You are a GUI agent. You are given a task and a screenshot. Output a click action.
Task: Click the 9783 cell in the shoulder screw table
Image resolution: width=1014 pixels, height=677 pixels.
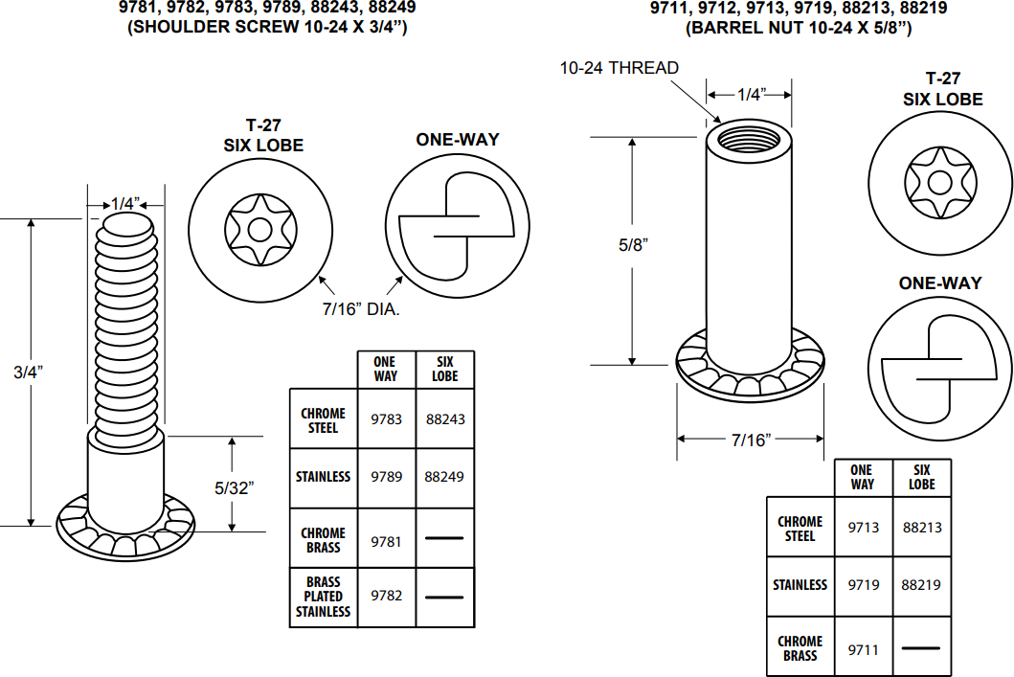[387, 419]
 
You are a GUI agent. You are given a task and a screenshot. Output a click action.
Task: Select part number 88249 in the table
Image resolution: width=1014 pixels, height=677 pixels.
[445, 477]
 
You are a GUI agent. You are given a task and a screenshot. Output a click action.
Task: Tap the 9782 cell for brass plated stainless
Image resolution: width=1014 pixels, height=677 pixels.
[387, 596]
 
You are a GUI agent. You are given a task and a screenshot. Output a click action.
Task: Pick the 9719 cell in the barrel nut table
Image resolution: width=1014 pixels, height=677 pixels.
[863, 584]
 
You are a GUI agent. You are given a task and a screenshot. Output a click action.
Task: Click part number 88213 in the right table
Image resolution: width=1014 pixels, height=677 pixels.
[921, 527]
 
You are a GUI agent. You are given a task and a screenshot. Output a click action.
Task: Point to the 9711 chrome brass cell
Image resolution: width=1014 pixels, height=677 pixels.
[863, 649]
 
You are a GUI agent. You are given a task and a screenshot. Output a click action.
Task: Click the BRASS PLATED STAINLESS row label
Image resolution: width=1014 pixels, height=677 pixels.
[324, 597]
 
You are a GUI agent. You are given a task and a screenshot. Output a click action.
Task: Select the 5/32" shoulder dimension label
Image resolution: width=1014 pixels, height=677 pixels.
[234, 487]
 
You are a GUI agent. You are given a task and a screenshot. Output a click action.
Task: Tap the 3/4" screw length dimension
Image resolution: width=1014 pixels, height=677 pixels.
[30, 372]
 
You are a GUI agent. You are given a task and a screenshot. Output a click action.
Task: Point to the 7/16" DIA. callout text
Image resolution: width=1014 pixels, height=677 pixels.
[360, 309]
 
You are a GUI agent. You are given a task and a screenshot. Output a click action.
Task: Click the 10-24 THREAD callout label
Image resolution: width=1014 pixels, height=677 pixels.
[619, 68]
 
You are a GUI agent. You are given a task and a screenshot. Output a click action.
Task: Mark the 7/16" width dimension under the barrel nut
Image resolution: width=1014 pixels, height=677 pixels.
[751, 440]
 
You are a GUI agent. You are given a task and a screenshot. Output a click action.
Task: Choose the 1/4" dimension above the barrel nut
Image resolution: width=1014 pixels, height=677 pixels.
[751, 93]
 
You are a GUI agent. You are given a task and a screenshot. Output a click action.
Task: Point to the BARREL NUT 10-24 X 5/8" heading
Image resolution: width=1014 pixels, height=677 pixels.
[799, 28]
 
